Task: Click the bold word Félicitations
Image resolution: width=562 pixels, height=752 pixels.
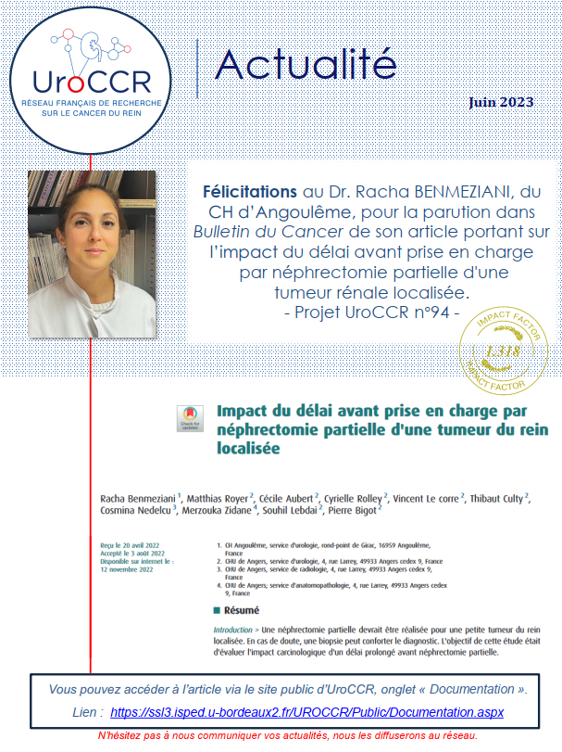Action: pos(250,192)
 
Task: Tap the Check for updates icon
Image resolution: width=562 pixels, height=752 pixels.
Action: pos(189,418)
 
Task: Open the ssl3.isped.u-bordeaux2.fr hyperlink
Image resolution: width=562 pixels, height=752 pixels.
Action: pos(306,712)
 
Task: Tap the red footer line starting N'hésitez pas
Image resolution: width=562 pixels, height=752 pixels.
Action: pos(287,735)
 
